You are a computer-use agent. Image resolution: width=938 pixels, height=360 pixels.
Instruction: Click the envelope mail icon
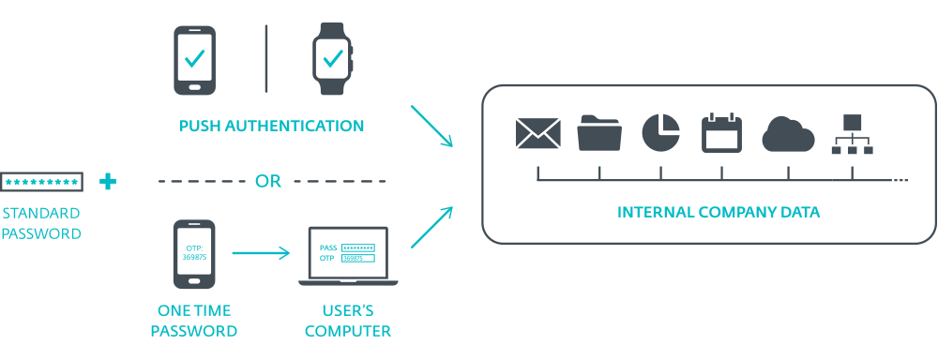coord(537,133)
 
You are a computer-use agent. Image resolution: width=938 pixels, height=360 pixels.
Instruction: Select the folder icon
coord(599,133)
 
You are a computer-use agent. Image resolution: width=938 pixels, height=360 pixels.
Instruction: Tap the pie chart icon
coord(661,133)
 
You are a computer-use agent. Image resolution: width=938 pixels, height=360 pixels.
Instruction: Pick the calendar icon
coord(721,133)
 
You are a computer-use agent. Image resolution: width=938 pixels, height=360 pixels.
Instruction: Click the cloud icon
coord(789,134)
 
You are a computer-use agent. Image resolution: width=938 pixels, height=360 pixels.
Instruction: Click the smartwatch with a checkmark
coord(332,58)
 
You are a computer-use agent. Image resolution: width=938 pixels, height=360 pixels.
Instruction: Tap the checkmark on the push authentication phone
coord(194,58)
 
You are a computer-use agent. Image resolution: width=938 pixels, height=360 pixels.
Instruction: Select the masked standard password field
coord(42,181)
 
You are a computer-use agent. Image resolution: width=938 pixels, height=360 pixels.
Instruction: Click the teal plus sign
coord(108,181)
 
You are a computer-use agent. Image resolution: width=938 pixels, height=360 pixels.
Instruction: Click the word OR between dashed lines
coord(268,181)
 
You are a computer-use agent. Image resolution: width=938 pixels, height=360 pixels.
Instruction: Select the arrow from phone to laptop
coord(261,253)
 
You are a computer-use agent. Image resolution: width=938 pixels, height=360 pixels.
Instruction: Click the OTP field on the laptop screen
coord(357,259)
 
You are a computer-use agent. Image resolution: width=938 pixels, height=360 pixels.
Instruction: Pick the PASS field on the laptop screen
coord(357,247)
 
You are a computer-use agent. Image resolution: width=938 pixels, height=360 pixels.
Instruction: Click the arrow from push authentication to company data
coord(431,127)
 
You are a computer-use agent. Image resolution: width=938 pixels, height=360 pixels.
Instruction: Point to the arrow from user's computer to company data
coord(431,227)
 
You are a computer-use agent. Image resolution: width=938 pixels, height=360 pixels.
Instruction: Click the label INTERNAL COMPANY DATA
coord(719,212)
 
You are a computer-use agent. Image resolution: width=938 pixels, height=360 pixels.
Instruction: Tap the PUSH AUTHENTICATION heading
coord(272,127)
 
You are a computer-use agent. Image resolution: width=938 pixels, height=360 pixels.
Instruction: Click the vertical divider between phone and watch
coord(266,59)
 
